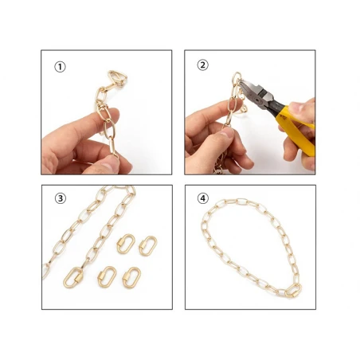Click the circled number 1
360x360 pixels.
pyautogui.click(x=60, y=67)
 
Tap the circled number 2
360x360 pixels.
pyautogui.click(x=202, y=65)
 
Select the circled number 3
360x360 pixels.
pyautogui.click(x=61, y=198)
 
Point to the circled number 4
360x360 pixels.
pyautogui.click(x=203, y=198)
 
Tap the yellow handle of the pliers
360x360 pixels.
pyautogui.click(x=297, y=130)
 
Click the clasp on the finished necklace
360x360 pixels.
pyautogui.click(x=293, y=290)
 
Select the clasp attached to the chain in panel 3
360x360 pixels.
pyautogui.click(x=73, y=278)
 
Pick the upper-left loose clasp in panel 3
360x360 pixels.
pyautogui.click(x=126, y=244)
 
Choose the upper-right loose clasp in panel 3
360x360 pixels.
pyautogui.click(x=148, y=246)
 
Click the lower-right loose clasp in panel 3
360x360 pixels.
pyautogui.click(x=131, y=278)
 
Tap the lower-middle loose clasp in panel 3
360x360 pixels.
pyautogui.click(x=107, y=277)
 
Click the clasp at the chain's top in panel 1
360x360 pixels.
pyautogui.click(x=117, y=78)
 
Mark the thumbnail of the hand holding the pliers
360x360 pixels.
pyautogui.click(x=295, y=107)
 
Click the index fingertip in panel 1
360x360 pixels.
pyautogui.click(x=113, y=115)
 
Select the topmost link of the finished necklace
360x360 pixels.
pyautogui.click(x=242, y=202)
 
